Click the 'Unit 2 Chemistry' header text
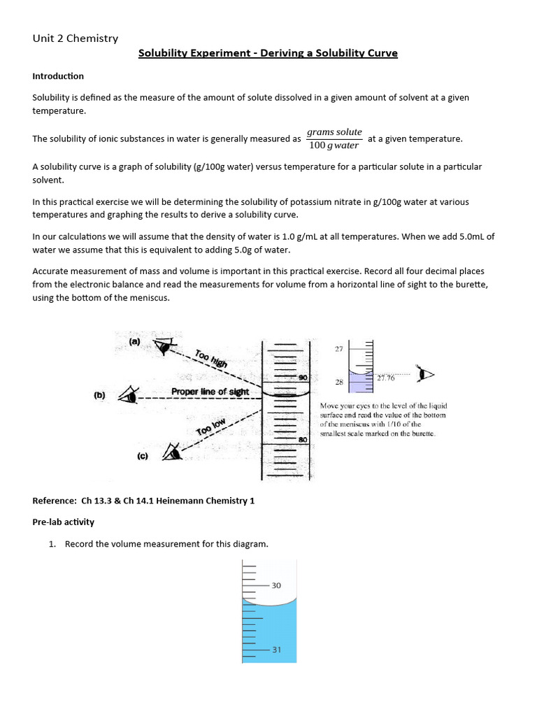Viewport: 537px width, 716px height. [x=76, y=38]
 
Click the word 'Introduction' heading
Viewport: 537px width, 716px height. [x=58, y=76]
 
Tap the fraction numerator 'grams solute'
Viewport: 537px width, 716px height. [x=335, y=131]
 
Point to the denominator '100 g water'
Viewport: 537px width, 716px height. [x=334, y=145]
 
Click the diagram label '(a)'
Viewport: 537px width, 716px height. [x=135, y=341]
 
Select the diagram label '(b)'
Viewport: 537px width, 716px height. [x=100, y=395]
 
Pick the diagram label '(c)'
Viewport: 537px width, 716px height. [x=142, y=456]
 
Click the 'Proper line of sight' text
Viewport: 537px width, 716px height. [x=210, y=392]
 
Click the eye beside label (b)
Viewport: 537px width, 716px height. [x=127, y=396]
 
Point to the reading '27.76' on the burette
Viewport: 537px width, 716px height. [x=386, y=378]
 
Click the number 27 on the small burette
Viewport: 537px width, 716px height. [x=338, y=348]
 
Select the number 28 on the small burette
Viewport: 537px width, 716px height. [x=338, y=382]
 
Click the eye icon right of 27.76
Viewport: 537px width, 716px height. [x=422, y=374]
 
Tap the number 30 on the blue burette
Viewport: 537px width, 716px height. [x=276, y=585]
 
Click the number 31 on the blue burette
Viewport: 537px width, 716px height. [x=276, y=650]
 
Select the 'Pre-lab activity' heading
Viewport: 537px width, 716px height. [x=64, y=522]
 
